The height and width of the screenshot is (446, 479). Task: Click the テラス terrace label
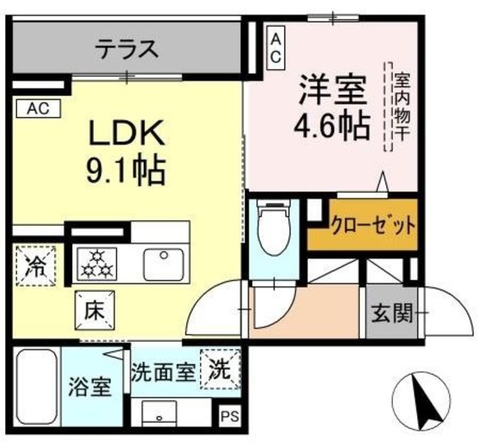pyautogui.click(x=126, y=50)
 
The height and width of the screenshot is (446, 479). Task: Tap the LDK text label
pyautogui.click(x=126, y=135)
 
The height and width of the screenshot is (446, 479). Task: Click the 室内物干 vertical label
pyautogui.click(x=400, y=106)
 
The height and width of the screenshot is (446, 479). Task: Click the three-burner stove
pyautogui.click(x=95, y=263)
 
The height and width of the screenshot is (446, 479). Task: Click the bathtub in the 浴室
pyautogui.click(x=37, y=386)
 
